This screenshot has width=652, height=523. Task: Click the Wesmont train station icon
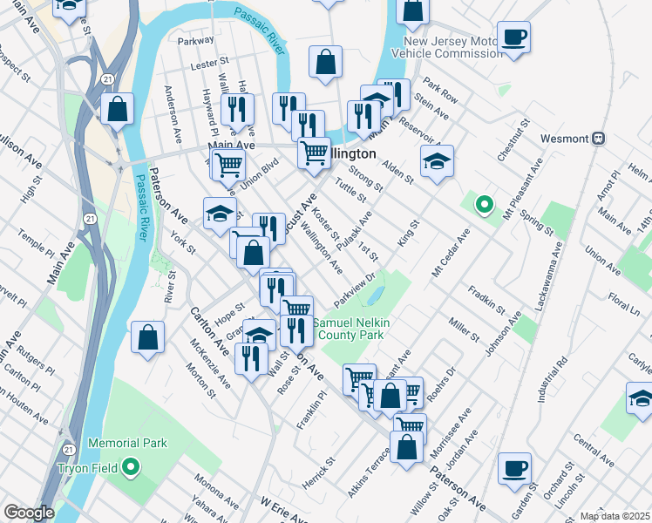(599, 139)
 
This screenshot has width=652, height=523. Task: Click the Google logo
(29, 513)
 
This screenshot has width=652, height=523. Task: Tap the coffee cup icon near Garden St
(514, 468)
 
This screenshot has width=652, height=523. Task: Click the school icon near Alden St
(437, 161)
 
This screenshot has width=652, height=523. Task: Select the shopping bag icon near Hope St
(148, 337)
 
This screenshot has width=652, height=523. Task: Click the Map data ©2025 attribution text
(615, 516)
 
